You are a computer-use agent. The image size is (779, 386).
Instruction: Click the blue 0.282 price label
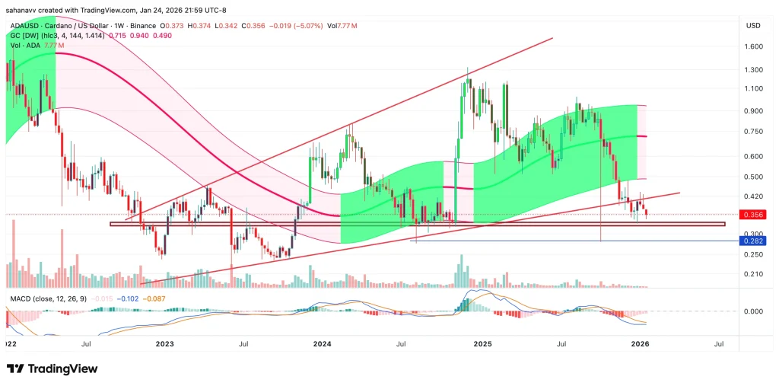(x=753, y=241)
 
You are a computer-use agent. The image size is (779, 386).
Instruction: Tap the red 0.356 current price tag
(x=753, y=215)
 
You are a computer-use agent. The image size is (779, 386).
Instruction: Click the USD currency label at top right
(x=753, y=26)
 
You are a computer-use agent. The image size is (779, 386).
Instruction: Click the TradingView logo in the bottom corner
(x=52, y=369)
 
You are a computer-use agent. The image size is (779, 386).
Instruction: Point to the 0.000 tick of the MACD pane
(x=752, y=311)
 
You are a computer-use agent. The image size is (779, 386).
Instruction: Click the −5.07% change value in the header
(x=306, y=26)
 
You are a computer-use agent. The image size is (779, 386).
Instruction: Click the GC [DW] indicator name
(x=21, y=36)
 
